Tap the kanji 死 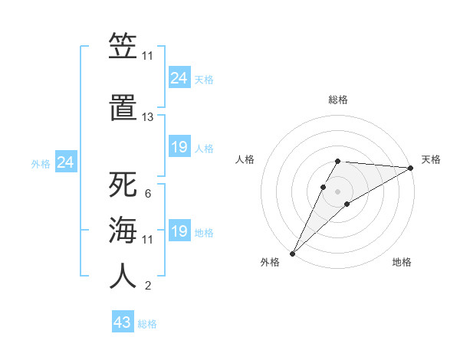click(123, 185)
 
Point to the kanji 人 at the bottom click(123, 276)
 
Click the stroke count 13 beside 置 click(147, 117)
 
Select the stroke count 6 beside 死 click(147, 193)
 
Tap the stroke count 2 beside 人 click(147, 286)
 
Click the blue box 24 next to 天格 click(179, 78)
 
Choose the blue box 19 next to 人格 click(179, 148)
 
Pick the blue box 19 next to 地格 click(179, 232)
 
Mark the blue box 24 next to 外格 click(66, 162)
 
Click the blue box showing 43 click(123, 322)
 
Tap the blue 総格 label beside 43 click(148, 324)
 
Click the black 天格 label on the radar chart click(431, 159)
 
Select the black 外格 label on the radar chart click(270, 263)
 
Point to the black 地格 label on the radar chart click(402, 263)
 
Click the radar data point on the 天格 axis click(412, 168)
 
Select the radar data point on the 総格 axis click(337, 161)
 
